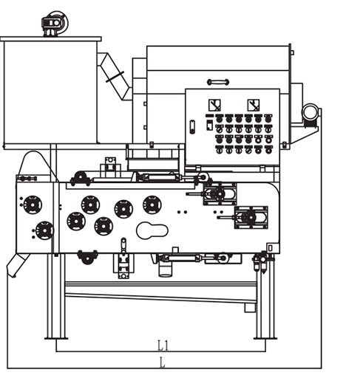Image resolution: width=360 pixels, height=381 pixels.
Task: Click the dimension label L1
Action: [163, 345]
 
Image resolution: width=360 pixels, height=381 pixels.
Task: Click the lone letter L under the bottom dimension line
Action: [163, 362]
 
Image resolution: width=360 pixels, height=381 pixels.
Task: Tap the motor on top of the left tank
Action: [53, 24]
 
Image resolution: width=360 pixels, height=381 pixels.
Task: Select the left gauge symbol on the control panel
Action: [215, 104]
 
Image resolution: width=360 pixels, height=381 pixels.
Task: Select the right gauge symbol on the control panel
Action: [254, 104]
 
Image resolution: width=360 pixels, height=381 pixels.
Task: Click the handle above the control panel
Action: [218, 81]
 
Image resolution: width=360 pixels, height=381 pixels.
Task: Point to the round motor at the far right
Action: [310, 112]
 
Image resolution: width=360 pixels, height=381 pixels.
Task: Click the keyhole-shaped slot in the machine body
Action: [152, 230]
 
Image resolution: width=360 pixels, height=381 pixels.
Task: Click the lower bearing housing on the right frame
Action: [249, 218]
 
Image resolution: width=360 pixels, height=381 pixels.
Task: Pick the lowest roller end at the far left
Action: [44, 232]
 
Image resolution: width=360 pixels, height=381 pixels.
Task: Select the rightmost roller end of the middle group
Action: [152, 205]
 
